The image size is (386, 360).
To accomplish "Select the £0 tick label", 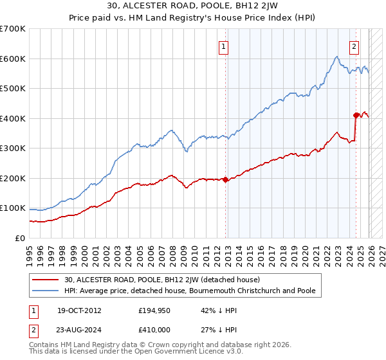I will point(21,238).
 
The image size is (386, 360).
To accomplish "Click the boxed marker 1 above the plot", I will point(223,46).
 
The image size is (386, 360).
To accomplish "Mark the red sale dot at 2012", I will point(225,180).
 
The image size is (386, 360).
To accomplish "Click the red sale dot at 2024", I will point(356,115).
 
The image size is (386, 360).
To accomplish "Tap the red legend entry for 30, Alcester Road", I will point(161,280).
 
